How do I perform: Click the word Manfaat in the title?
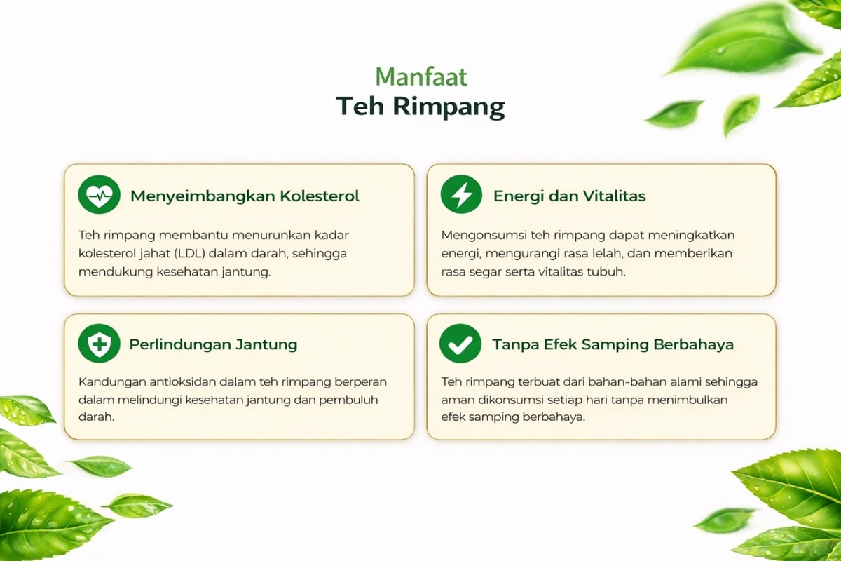421,77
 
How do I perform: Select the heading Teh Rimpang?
420,107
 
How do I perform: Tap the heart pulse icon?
99,195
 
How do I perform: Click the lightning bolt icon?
461,195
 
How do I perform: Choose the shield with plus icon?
99,344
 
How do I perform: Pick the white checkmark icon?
460,344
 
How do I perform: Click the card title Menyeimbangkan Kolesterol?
245,196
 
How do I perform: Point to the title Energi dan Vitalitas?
569,196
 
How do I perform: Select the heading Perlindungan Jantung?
213,344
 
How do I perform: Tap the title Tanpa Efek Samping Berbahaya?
613,344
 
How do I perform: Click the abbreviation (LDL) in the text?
190,254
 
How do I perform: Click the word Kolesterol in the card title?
320,196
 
